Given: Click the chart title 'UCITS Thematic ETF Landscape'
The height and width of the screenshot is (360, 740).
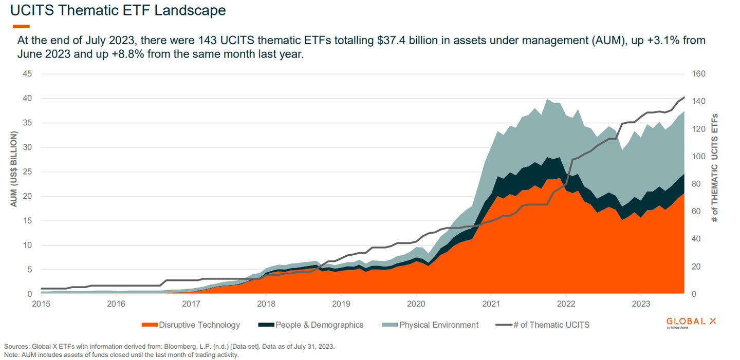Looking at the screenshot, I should point(118,10).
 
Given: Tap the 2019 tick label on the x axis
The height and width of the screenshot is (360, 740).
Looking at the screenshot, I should point(341,303).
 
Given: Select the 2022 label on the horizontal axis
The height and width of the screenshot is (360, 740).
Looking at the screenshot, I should point(565,303).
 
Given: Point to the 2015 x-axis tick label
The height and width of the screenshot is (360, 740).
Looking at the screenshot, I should point(41,303).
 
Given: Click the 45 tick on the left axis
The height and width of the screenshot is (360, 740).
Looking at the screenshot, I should point(27,74).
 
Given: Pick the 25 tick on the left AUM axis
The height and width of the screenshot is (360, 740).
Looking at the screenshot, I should point(27,172).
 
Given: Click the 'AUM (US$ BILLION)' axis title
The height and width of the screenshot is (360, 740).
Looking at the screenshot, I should point(14,169).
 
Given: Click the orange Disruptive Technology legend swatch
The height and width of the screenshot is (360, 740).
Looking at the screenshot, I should point(149,325).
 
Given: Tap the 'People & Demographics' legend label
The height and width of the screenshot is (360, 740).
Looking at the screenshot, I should point(319,325).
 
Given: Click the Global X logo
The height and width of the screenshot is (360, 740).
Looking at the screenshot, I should point(690,322).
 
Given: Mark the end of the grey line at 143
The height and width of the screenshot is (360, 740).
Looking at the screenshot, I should point(684,97).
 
